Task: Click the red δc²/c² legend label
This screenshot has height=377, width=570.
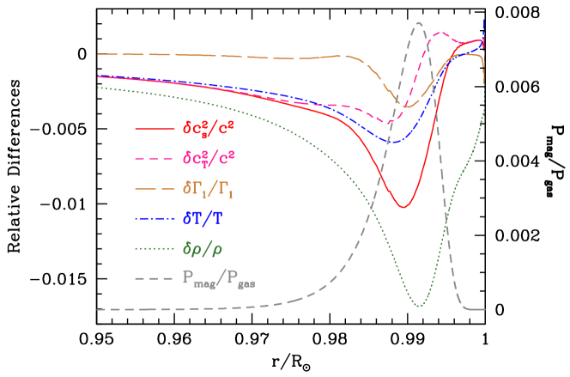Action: click(x=209, y=130)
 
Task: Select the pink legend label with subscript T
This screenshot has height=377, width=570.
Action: click(x=209, y=159)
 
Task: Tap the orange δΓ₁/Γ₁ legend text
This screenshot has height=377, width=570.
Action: click(x=208, y=188)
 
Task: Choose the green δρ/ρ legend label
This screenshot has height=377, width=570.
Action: click(x=203, y=248)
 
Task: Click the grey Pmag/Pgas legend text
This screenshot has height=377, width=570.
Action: click(x=219, y=278)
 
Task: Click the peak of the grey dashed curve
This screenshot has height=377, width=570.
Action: click(x=418, y=23)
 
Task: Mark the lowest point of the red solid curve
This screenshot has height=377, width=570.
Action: click(x=402, y=208)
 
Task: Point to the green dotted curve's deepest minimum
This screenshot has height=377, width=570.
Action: click(x=419, y=307)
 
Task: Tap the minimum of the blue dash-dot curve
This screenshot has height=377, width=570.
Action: click(x=392, y=142)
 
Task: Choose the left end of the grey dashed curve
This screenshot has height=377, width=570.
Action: click(x=97, y=310)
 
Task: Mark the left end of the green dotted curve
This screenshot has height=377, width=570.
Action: click(x=97, y=87)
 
